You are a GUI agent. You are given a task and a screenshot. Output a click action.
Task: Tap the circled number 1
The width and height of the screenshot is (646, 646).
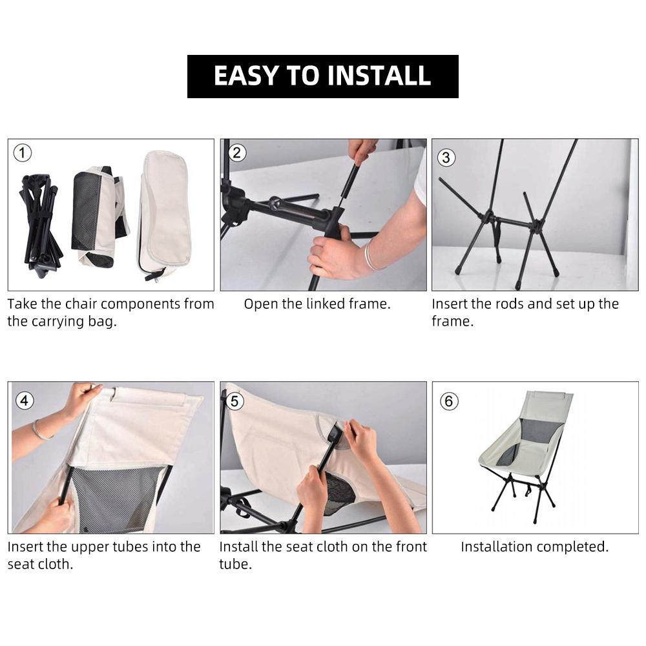22,153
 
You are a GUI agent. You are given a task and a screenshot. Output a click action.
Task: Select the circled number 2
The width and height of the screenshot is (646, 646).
236,153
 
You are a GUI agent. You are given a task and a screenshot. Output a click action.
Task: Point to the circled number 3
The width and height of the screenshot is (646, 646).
446,158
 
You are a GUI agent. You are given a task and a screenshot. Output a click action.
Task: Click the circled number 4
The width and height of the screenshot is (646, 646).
25,401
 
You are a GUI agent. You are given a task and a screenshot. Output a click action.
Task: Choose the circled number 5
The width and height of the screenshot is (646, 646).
235,401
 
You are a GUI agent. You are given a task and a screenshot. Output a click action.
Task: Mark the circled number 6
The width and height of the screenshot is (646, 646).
449,401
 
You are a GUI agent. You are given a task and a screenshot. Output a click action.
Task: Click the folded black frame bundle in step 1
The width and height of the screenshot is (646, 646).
40,225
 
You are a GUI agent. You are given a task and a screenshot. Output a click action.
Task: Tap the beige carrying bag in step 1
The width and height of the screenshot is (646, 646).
165,214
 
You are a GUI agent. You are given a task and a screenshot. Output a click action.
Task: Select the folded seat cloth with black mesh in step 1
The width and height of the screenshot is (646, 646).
98,216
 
